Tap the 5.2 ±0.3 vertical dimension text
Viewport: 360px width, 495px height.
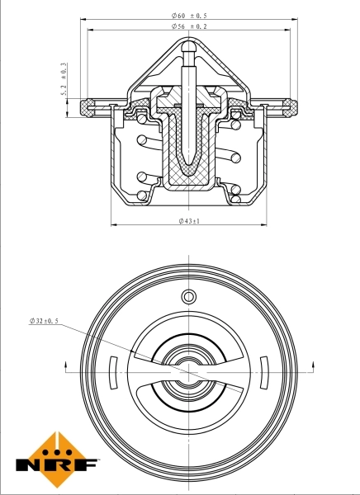click(x=64, y=82)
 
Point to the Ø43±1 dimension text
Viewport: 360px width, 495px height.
click(x=190, y=221)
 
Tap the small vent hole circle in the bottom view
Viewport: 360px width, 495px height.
click(x=188, y=297)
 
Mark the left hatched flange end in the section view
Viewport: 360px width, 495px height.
click(x=87, y=106)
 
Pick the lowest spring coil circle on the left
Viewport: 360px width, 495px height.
click(x=141, y=196)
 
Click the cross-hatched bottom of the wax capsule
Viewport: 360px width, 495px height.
click(x=188, y=173)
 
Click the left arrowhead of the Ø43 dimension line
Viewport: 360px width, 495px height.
click(x=113, y=225)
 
